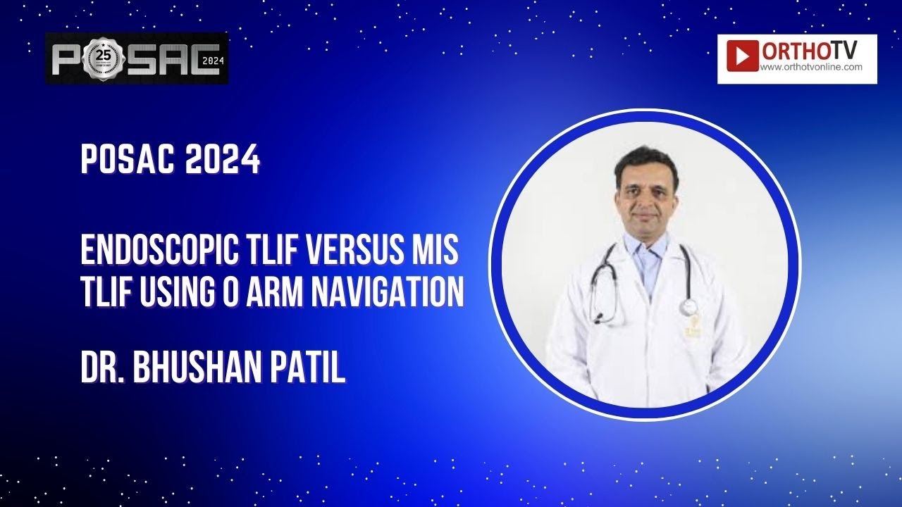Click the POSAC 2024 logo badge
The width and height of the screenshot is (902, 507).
point(137,58)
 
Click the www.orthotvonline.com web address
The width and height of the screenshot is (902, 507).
point(811,68)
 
